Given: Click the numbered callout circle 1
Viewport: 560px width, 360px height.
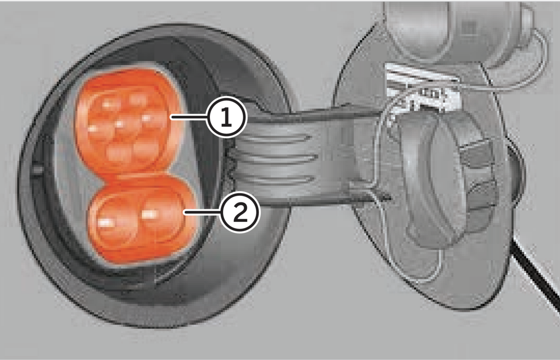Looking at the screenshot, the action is tap(226, 117).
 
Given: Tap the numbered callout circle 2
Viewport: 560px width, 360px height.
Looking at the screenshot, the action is tap(239, 212).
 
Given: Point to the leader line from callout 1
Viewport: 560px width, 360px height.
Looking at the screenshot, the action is tap(189, 117).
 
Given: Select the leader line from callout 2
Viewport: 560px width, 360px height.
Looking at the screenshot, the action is tap(202, 213).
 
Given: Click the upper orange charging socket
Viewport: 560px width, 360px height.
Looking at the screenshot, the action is tap(129, 120).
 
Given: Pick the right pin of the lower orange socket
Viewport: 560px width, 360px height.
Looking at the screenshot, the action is tap(160, 216).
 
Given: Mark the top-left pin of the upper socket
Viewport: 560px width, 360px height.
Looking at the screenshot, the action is tap(110, 104).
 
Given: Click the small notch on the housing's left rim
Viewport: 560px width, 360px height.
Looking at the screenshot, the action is tap(38, 170).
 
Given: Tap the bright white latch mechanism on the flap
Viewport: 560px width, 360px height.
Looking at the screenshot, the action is tap(422, 88).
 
